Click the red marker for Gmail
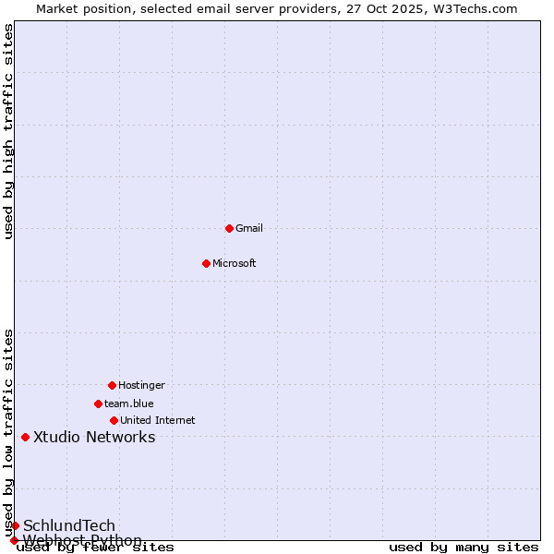(x=229, y=228)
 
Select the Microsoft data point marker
(x=206, y=263)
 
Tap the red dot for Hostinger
(x=112, y=385)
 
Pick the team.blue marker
(x=98, y=403)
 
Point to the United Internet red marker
(x=114, y=420)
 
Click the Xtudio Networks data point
(x=25, y=437)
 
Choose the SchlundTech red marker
(x=15, y=525)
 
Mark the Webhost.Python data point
(x=14, y=540)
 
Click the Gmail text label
(x=249, y=228)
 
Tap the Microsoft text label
(x=235, y=263)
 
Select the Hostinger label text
(x=141, y=385)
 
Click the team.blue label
(x=129, y=403)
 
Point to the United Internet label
(x=158, y=420)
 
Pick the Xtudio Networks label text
(x=94, y=437)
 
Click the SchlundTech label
(x=69, y=525)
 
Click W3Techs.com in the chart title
(x=475, y=8)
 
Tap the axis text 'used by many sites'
(x=464, y=547)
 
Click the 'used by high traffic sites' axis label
(x=8, y=131)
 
